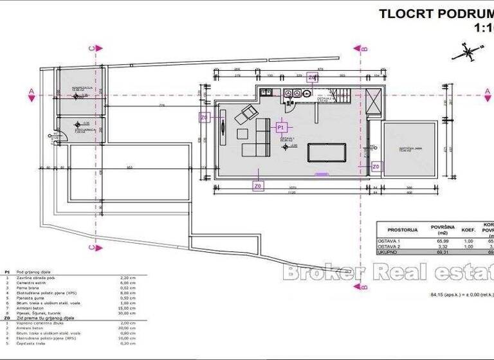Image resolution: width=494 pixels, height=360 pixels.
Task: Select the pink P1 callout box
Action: coord(281,128)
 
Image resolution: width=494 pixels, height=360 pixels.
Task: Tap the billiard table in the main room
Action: coord(326,152)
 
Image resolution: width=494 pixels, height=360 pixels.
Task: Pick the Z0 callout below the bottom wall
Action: coord(258,186)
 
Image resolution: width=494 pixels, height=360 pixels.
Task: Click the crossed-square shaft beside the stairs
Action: coord(372,104)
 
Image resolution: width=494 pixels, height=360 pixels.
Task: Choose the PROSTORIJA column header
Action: coord(403,230)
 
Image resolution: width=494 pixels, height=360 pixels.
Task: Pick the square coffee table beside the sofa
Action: coord(242,134)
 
